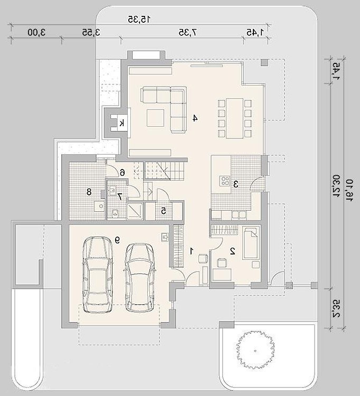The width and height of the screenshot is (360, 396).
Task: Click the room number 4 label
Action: click(x=195, y=118)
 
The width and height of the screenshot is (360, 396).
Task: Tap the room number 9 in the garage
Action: click(x=117, y=240)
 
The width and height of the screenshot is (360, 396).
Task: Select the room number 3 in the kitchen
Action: click(x=236, y=185)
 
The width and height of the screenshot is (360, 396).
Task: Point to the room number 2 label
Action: click(x=232, y=251)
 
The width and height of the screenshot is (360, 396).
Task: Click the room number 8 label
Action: click(x=89, y=192)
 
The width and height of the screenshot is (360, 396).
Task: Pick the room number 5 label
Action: click(x=164, y=211)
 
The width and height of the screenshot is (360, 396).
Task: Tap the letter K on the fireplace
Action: click(x=122, y=123)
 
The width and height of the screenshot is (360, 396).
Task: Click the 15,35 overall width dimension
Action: click(x=139, y=19)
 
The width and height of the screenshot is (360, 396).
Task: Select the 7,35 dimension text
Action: click(x=188, y=32)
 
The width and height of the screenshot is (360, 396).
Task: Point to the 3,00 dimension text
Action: click(x=37, y=32)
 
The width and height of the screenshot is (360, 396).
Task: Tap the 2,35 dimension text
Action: click(x=336, y=309)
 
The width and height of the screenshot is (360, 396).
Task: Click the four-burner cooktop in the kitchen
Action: click(x=224, y=181)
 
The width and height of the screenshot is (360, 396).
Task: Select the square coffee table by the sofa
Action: click(x=156, y=118)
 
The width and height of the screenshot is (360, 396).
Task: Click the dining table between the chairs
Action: click(x=234, y=118)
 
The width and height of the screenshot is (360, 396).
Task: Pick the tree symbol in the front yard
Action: click(x=255, y=351)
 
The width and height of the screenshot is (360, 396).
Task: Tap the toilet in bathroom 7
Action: click(x=115, y=213)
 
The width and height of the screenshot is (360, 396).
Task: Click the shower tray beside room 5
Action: click(x=135, y=210)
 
